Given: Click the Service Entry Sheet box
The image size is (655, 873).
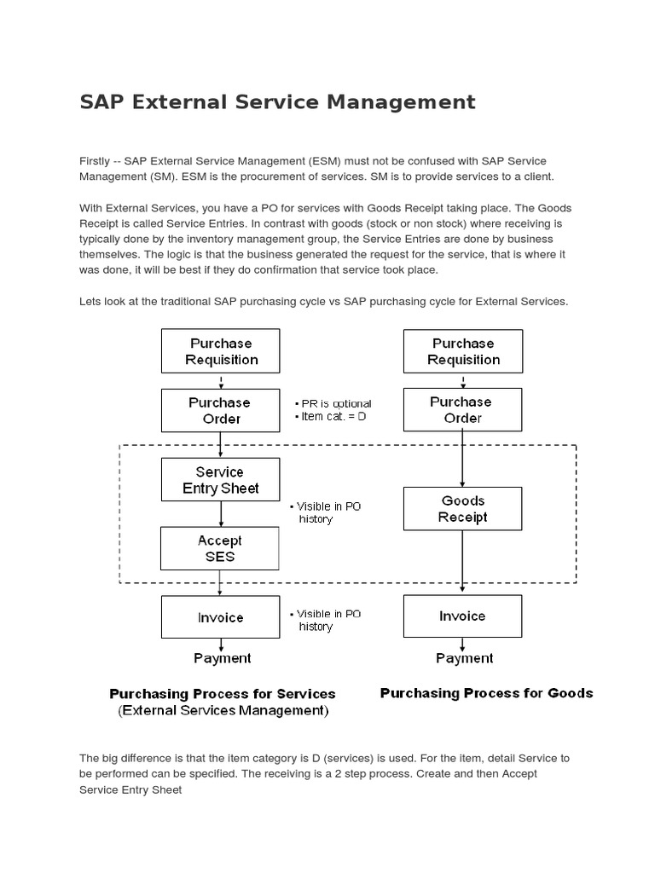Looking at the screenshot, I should click(x=220, y=480).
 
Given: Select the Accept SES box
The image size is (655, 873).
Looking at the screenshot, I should click(x=220, y=548).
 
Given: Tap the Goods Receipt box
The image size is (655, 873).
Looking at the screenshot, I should click(x=462, y=509).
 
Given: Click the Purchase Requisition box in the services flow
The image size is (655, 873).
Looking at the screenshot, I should click(x=220, y=351).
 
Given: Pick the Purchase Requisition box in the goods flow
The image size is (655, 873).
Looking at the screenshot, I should click(x=462, y=351).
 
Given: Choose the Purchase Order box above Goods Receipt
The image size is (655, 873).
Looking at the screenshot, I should click(x=462, y=410).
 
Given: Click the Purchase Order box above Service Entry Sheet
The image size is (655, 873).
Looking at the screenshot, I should click(x=220, y=410).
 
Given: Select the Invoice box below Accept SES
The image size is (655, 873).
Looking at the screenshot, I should click(x=220, y=617).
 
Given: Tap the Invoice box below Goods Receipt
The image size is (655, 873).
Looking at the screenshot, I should click(x=462, y=616).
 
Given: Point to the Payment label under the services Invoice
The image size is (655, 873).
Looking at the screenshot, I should click(x=222, y=658).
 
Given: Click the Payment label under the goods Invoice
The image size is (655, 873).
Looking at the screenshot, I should click(x=464, y=658).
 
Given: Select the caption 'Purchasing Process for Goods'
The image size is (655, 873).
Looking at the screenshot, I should click(x=486, y=693).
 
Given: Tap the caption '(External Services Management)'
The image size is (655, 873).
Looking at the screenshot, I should click(x=223, y=710).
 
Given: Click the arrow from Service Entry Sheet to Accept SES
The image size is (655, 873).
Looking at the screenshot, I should click(x=221, y=514).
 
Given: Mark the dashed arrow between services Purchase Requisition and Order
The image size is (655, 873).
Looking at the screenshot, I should click(x=221, y=381).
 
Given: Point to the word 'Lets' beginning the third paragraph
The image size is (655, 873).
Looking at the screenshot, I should click(x=90, y=302).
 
